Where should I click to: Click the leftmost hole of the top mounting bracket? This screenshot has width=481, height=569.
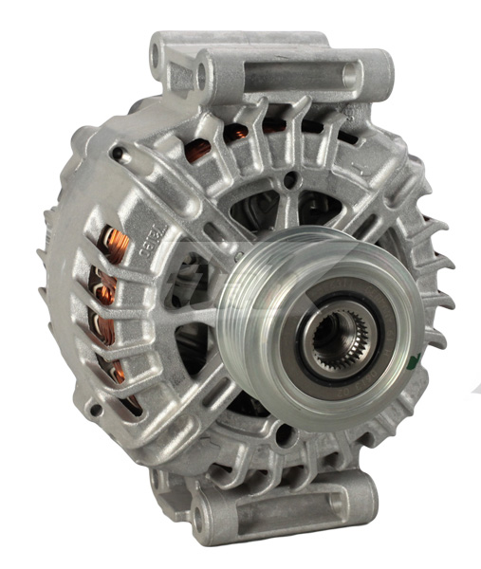pyautogui.click(x=157, y=56)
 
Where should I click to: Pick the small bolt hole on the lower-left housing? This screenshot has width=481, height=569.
pyautogui.click(x=96, y=410)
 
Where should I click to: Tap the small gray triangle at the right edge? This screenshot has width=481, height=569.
pyautogui.click(x=473, y=386)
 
